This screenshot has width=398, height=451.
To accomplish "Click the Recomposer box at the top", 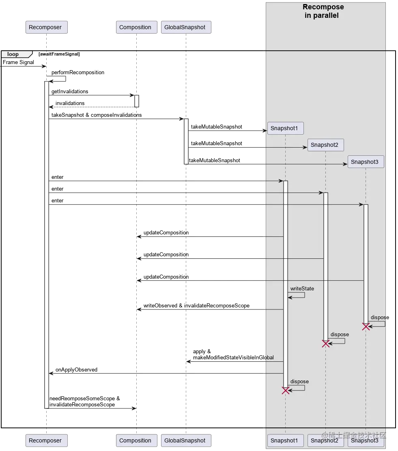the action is [45, 27].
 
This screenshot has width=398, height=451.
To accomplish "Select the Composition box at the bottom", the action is [135, 440].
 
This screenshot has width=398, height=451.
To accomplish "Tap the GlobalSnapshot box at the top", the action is [185, 27].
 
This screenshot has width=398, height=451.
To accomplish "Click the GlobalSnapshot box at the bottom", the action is [185, 440].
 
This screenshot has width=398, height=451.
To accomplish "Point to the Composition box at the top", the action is [135, 27].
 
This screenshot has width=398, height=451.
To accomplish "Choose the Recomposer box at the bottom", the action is [45, 440].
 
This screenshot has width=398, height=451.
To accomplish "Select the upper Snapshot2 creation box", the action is [325, 145].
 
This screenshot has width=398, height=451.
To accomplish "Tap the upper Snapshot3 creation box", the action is [365, 162].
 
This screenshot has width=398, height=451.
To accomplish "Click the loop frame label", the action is [13, 54].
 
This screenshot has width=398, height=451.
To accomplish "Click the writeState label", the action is [302, 288].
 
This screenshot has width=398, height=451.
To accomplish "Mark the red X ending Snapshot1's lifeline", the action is [286, 390].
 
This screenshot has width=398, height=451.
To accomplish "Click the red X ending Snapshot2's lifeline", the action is [325, 344].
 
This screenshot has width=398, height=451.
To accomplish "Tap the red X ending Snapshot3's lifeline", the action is [366, 326].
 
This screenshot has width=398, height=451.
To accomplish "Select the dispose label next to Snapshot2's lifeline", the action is [340, 335].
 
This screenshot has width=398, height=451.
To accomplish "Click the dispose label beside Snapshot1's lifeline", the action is [299, 382].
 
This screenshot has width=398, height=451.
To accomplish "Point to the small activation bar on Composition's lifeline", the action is [137, 101].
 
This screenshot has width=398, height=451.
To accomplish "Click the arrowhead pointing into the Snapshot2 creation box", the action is [305, 147].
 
